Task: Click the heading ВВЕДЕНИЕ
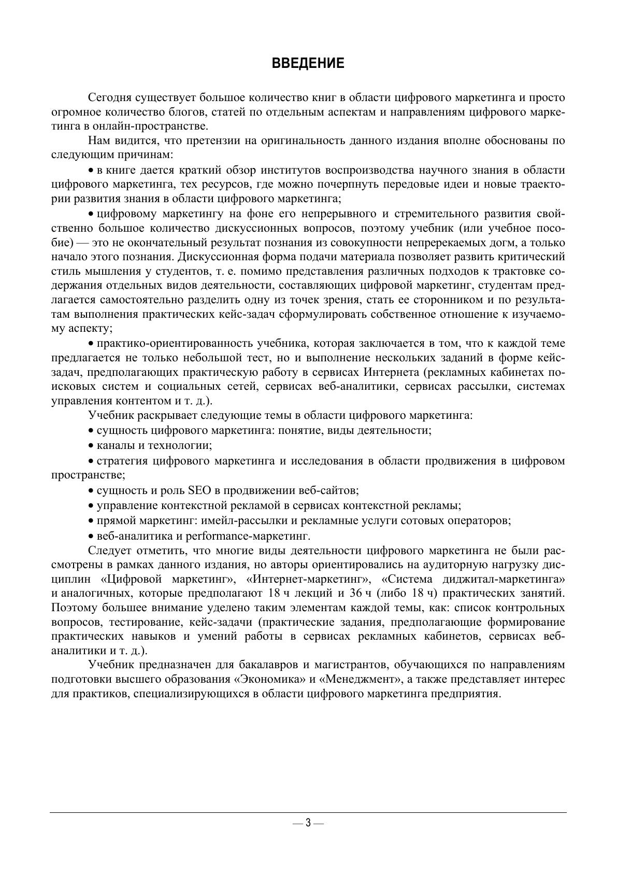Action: click(308, 64)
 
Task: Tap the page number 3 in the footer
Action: click(308, 823)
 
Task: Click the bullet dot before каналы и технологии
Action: click(91, 446)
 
